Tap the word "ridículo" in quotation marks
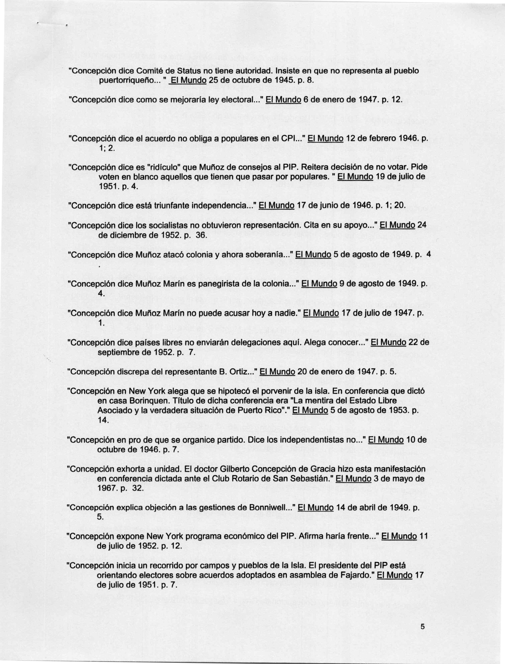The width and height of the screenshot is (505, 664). click(x=160, y=167)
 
